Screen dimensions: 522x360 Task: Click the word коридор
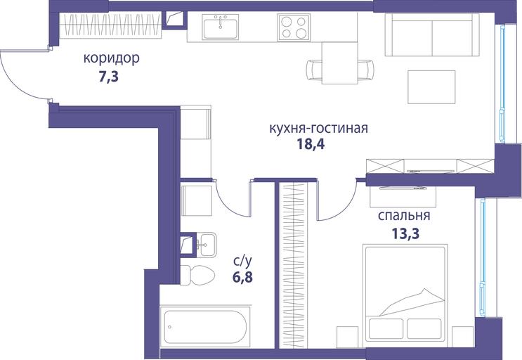tap(111, 58)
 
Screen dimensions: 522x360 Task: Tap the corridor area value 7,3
tap(108, 77)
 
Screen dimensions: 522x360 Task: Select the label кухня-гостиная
tap(318, 128)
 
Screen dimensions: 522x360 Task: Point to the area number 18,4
tap(311, 144)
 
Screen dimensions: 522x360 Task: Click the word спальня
tap(404, 216)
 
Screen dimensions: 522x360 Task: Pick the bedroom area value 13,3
tap(405, 233)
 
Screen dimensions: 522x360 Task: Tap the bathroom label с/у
tap(242, 262)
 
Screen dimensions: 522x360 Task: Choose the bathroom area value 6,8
tap(242, 277)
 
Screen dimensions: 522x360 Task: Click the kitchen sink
tap(220, 27)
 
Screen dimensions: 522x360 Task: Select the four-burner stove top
tap(294, 27)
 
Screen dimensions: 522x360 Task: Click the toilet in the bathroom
tap(197, 275)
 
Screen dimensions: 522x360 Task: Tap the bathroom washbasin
tap(207, 245)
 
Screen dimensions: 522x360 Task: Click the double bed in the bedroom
tap(405, 293)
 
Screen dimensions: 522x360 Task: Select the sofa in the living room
tap(432, 35)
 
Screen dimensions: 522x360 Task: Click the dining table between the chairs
tap(340, 63)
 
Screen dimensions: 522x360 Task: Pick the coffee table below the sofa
tap(431, 87)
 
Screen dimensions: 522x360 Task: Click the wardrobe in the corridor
tap(110, 25)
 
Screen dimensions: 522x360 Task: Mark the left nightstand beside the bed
tap(348, 337)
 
